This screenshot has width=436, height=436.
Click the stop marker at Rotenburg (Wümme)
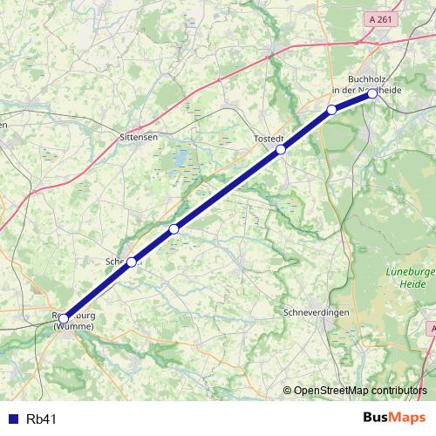(x=63, y=318)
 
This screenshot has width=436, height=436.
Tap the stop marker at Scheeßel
(x=132, y=262)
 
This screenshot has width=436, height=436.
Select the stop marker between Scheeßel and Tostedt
(x=174, y=228)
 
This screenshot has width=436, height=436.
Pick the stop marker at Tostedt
(x=281, y=149)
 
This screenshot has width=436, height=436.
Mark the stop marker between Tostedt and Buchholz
(x=331, y=109)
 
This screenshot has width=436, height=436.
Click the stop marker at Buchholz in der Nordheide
(x=372, y=92)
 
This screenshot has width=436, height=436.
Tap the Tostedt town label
(x=269, y=139)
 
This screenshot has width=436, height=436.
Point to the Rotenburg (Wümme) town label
(x=73, y=322)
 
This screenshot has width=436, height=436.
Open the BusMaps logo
(x=394, y=418)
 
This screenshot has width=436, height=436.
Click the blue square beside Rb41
(x=12, y=419)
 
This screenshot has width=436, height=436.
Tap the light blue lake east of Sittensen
(x=181, y=160)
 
